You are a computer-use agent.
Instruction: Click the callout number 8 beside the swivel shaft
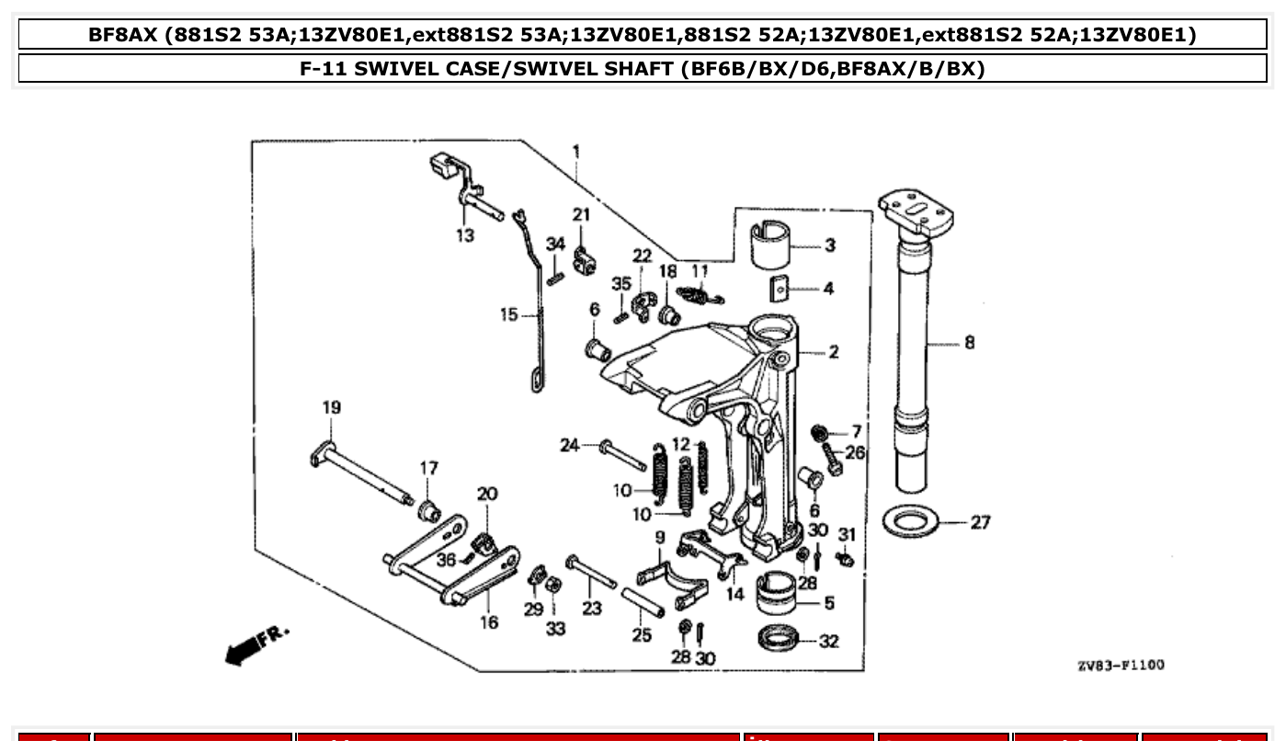[970, 343]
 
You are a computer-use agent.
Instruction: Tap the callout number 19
[331, 407]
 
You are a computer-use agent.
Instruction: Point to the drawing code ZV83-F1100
[1120, 665]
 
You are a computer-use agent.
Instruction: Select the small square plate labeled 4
[780, 289]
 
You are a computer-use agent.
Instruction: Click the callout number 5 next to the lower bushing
[829, 603]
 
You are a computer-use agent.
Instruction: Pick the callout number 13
[465, 236]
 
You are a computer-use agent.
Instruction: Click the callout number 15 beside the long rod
[510, 315]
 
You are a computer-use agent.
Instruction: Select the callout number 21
[580, 215]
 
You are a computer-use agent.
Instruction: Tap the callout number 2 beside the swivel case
[833, 351]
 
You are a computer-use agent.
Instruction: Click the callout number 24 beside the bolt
[571, 446]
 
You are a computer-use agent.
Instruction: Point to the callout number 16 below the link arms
[489, 622]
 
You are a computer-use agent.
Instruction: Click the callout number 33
[555, 629]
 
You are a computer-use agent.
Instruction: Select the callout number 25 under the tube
[642, 635]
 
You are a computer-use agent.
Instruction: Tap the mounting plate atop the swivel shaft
[916, 210]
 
